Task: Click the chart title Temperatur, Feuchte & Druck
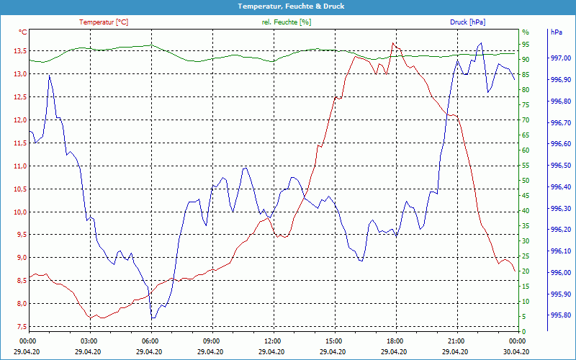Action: pos(288,6)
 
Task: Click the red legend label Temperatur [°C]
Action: pos(104,22)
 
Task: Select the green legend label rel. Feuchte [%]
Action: pos(287,22)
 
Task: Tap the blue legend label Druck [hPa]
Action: pos(467,22)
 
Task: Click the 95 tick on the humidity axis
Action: pos(526,45)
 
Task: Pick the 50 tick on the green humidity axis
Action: pos(526,181)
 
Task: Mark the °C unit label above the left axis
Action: pos(23,32)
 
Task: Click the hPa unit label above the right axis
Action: pos(557,32)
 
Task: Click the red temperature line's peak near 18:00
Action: pos(392,43)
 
